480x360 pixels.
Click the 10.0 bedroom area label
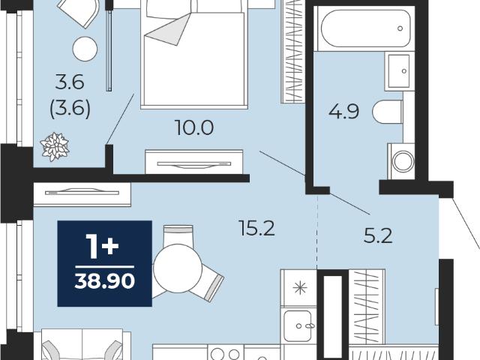[x=194, y=127]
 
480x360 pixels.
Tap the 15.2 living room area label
[x=257, y=228]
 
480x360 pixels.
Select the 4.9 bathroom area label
[x=343, y=111]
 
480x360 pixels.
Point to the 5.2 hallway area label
[x=378, y=236]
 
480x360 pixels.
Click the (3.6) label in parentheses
[x=70, y=108]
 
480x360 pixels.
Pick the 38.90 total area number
[x=105, y=281]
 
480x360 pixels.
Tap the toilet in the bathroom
[x=388, y=112]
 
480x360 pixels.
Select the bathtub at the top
[x=365, y=28]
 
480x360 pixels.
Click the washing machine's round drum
[x=403, y=162]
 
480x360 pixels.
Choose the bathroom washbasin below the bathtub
[x=399, y=71]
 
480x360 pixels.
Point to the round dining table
[x=178, y=268]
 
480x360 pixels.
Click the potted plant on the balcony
[x=55, y=147]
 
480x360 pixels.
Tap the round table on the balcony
[x=85, y=49]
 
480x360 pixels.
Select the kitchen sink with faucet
[x=298, y=325]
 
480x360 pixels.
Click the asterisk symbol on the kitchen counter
[x=300, y=288]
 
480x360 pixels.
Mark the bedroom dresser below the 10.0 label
[x=194, y=162]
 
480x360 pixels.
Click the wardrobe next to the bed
[x=293, y=52]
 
